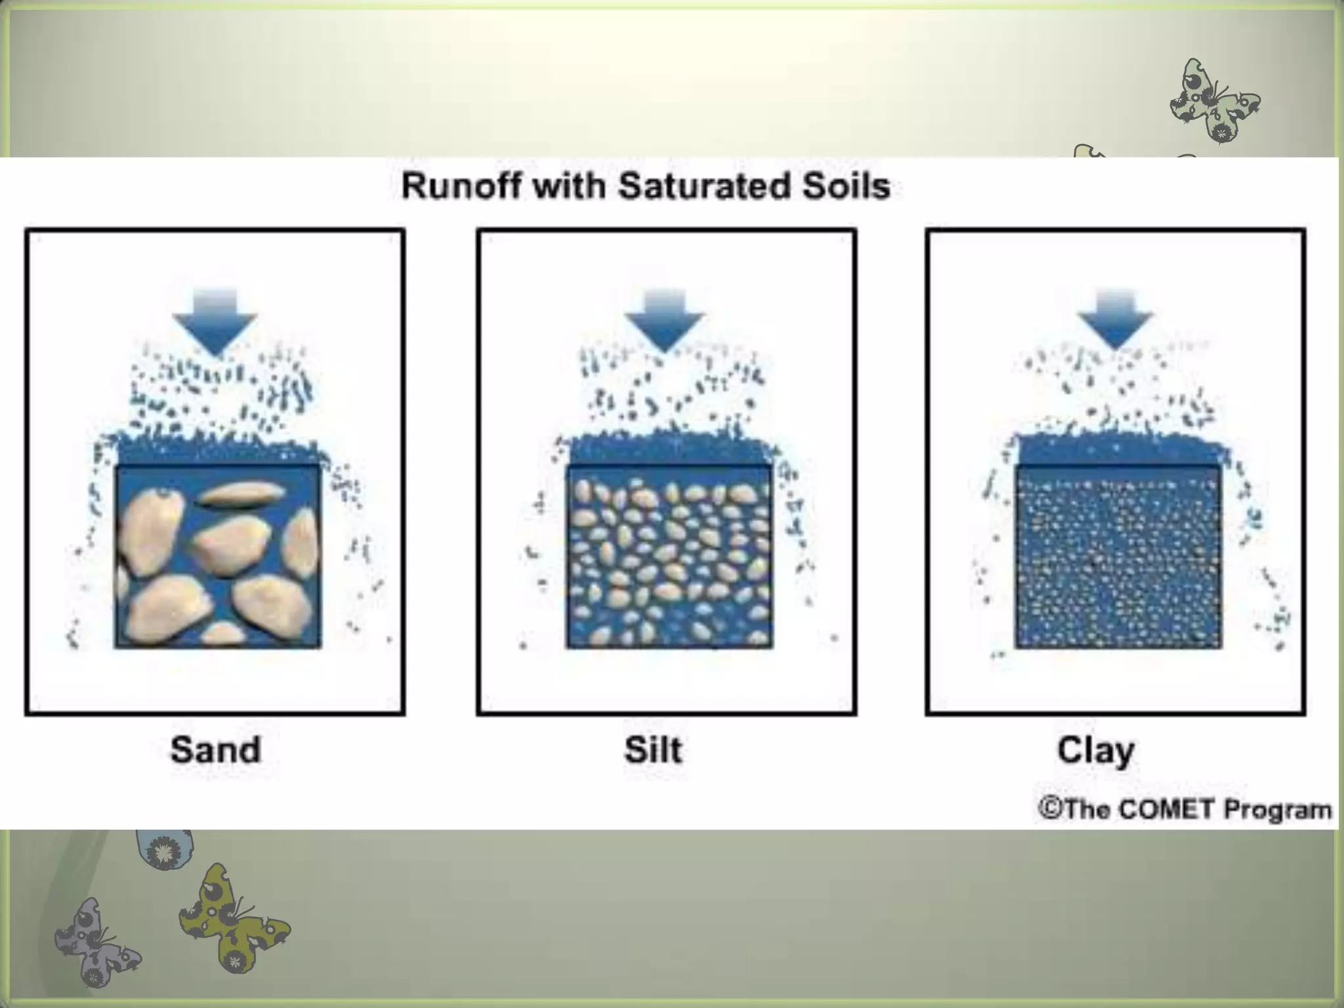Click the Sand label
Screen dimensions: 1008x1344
point(215,749)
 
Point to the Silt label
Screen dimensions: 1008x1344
point(653,749)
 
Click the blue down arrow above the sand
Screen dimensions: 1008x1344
point(215,322)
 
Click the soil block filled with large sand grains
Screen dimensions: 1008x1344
point(218,558)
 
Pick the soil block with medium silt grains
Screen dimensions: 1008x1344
point(669,558)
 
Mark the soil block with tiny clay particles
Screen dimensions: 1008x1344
point(1118,558)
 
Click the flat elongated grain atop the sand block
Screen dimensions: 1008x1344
point(241,494)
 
